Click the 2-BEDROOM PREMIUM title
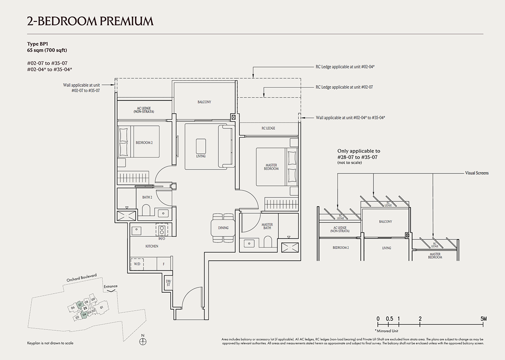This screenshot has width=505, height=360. coord(90,21)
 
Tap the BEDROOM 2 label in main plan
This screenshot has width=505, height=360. coord(144,142)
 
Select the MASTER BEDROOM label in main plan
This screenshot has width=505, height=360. coord(271,167)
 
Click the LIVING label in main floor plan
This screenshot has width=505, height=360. coord(201,156)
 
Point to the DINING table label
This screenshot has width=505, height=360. coord(223,228)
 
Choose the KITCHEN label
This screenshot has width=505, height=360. coord(152,246)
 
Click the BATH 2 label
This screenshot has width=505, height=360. coord(147,197)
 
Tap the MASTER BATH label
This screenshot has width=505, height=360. coord(267,227)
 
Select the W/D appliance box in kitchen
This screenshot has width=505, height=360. coord(137,264)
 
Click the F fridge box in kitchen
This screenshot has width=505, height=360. coord(163,264)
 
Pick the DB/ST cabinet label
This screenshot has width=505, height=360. coord(168,282)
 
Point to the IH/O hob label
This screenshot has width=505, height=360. coord(162,239)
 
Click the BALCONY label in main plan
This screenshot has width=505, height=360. coord(204,102)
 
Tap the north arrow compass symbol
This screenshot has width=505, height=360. coord(142,341)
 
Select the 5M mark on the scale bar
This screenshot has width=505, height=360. coord(483,319)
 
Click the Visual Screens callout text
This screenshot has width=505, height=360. coord(477,173)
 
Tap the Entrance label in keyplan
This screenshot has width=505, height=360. coord(111,287)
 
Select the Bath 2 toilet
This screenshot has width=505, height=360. coord(146,212)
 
